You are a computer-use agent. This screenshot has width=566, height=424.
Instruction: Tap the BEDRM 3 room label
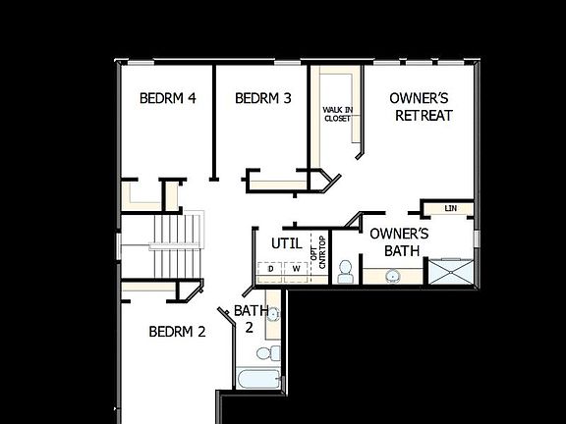click(263, 98)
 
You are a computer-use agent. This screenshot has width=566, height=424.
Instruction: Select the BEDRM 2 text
click(177, 332)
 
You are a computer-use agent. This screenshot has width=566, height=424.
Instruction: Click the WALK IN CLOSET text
click(337, 114)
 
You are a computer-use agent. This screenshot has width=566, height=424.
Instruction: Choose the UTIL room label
click(273, 242)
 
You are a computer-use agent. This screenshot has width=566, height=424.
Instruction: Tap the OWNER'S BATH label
click(399, 242)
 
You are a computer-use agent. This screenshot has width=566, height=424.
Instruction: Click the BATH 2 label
click(246, 319)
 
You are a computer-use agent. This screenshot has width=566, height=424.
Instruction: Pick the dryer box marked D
click(271, 269)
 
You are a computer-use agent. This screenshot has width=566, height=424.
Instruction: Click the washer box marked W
click(295, 269)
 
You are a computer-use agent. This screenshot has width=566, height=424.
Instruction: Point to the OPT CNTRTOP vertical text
click(319, 251)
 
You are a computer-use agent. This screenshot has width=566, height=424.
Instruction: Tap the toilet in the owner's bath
click(345, 271)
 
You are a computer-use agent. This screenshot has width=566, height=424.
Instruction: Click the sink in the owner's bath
click(393, 276)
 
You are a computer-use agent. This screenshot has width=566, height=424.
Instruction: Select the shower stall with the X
click(453, 271)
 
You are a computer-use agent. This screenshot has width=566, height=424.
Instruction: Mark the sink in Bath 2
click(273, 314)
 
